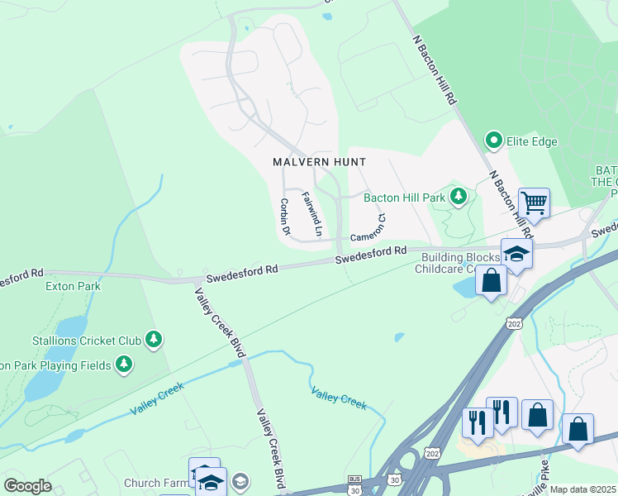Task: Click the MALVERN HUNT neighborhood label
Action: point(319,162)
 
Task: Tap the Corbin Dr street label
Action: point(285,217)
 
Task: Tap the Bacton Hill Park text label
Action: point(405,197)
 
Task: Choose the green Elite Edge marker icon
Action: point(495,141)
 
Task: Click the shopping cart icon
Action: point(534,202)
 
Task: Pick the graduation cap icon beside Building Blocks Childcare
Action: point(516,253)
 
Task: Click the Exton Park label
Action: point(73,287)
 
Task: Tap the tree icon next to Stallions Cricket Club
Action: point(153,339)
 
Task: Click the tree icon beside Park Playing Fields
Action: point(124,364)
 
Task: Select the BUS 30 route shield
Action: point(354,485)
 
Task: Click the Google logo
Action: point(27,486)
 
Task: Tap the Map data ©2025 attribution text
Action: point(583,489)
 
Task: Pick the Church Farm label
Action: point(155,483)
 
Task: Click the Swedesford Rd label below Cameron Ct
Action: point(371,255)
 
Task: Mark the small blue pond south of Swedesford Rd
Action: point(400,336)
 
